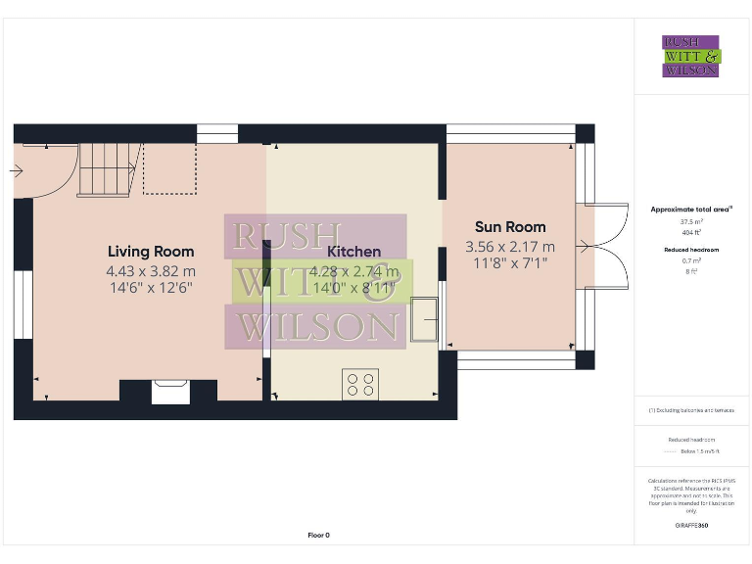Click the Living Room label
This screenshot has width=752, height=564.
[151, 252]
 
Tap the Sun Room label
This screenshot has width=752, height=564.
[510, 227]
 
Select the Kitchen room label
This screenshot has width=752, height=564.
[353, 252]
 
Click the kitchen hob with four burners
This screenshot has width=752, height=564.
[359, 383]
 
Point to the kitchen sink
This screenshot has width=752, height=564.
[424, 320]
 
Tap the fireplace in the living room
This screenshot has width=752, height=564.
[168, 392]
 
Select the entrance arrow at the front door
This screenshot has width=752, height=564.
[16, 170]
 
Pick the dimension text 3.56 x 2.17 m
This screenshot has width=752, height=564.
[510, 247]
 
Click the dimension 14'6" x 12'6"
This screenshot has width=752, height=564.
[151, 288]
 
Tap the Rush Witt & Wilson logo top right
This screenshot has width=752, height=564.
[691, 56]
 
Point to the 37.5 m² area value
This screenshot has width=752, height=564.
[691, 222]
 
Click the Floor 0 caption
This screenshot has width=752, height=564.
[319, 536]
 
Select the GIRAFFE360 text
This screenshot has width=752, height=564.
[691, 526]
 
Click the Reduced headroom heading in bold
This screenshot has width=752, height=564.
[691, 251]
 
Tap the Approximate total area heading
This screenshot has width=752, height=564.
[691, 210]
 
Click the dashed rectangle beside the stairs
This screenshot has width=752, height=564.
[169, 168]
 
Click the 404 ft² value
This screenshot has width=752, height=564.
[691, 232]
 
